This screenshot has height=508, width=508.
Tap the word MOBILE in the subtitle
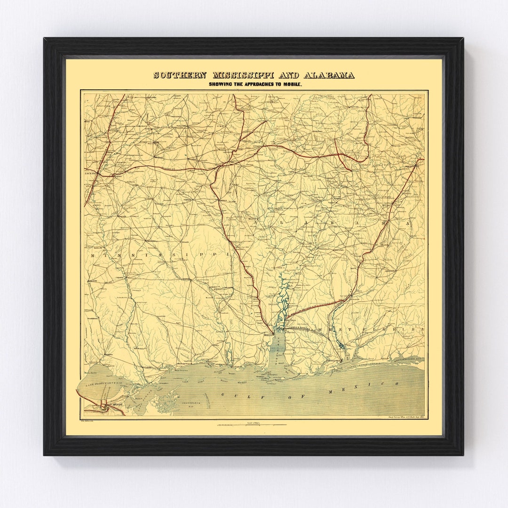pos(292,84)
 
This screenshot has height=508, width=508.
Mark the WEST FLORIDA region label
pos(372,330)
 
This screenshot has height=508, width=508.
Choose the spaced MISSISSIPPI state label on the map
pos(160,254)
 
